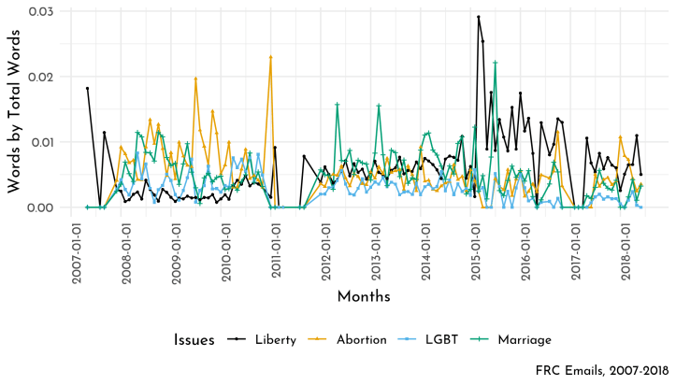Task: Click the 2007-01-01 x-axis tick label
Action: point(76,245)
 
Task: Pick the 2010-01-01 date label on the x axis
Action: point(225,245)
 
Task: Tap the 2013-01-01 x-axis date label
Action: point(375,245)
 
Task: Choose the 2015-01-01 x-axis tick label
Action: point(475,245)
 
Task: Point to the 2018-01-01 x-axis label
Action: point(625,245)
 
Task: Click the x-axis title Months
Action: point(364,296)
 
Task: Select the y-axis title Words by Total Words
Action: point(15,109)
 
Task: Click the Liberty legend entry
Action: point(266,339)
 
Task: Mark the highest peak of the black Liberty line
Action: point(478,17)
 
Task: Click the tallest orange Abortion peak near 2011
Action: point(270,57)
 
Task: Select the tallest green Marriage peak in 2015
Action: point(496,63)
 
